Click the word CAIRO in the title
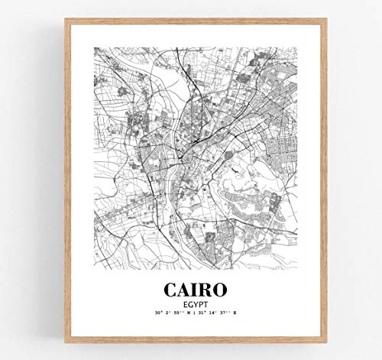click(x=191, y=292)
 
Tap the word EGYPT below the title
click(x=191, y=306)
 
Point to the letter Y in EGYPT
click(x=190, y=306)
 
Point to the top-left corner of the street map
click(x=94, y=47)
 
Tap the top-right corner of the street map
click(x=288, y=47)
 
